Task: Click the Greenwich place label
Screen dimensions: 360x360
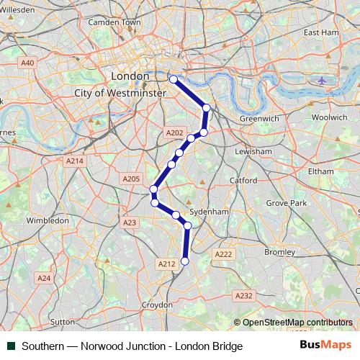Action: tap(253, 117)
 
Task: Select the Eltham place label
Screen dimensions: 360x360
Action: tap(320, 171)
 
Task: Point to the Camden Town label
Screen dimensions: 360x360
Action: tap(114, 22)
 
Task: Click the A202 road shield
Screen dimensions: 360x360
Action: tap(174, 133)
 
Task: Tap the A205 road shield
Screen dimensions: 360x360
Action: tap(131, 179)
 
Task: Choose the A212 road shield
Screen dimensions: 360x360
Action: tap(166, 264)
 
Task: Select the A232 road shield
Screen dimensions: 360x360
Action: tap(244, 296)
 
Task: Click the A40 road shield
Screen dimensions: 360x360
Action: tap(27, 63)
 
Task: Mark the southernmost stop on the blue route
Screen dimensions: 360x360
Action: tap(184, 261)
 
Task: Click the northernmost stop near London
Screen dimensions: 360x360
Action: tap(173, 78)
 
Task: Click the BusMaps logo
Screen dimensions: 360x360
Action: tap(325, 346)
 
